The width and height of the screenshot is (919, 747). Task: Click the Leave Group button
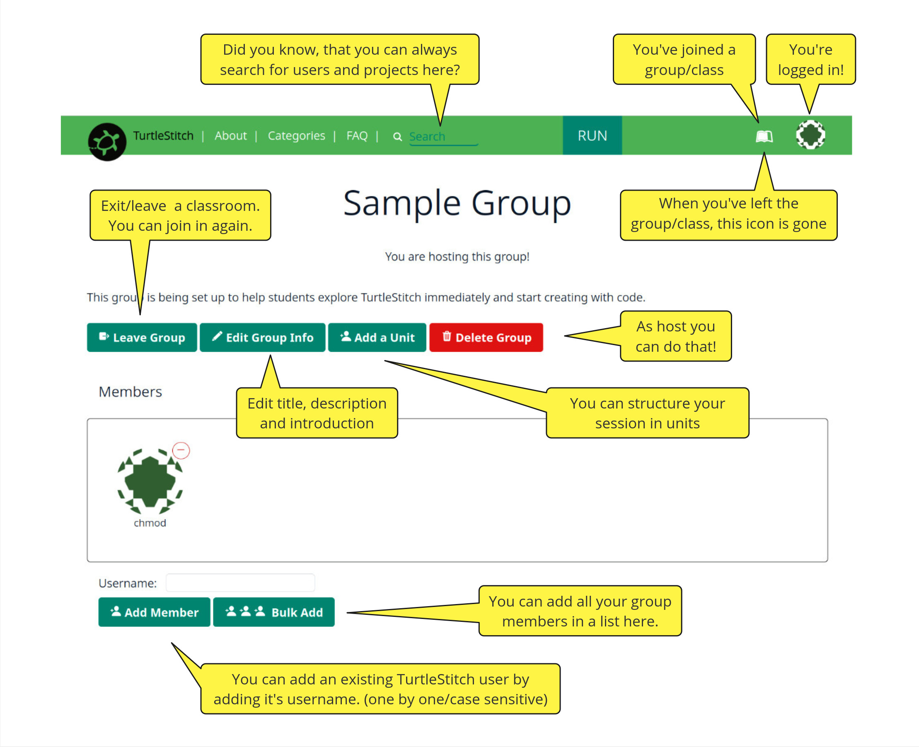point(142,337)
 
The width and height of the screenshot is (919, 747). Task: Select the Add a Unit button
point(377,337)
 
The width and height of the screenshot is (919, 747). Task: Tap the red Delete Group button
point(486,337)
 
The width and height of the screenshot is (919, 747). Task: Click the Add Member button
point(154,612)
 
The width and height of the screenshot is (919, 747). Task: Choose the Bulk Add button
point(273,612)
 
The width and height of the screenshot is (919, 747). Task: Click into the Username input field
point(240,583)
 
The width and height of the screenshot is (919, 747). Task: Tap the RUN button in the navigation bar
point(592,135)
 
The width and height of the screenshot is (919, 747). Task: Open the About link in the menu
point(231,135)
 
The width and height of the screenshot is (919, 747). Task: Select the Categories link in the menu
point(296,135)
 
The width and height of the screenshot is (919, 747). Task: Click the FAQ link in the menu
point(357,135)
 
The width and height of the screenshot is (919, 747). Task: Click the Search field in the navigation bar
point(443,137)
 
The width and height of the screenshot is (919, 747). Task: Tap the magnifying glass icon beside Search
point(397,137)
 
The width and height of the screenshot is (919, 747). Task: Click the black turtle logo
point(107,142)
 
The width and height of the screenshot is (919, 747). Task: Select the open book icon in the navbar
point(764,136)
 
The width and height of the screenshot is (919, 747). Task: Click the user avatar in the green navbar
point(810,135)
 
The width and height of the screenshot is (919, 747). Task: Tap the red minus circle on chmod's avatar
point(181,450)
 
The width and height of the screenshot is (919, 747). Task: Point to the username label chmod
point(150,523)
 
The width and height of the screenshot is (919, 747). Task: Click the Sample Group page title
point(457,203)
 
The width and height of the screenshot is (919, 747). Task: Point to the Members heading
point(131,392)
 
